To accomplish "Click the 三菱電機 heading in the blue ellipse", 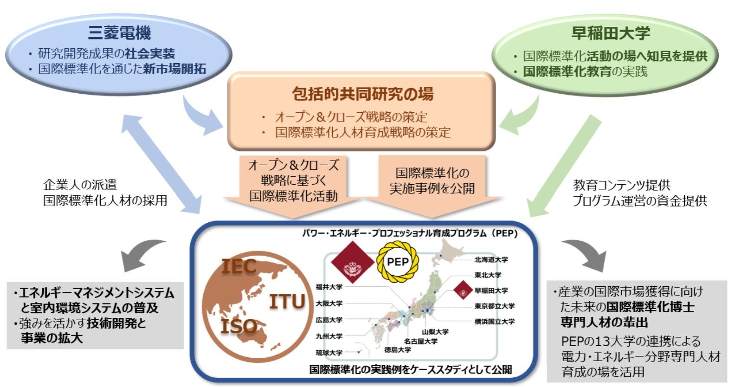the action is point(119,33).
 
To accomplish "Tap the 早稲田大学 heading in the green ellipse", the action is point(610,33).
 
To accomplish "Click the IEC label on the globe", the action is point(239,266).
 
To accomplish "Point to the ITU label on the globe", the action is point(287,302).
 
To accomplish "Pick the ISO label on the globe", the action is point(239,326).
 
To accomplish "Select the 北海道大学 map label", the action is point(491,259).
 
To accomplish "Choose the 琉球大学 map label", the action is point(329,353).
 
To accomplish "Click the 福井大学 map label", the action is point(329,287).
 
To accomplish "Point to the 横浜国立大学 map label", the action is point(494,321).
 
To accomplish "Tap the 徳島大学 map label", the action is point(397,349).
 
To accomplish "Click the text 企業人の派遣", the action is point(80,185).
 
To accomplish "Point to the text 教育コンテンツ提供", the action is point(622,185).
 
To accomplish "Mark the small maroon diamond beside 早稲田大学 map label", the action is point(463,290).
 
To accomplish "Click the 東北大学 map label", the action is point(488,275).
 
